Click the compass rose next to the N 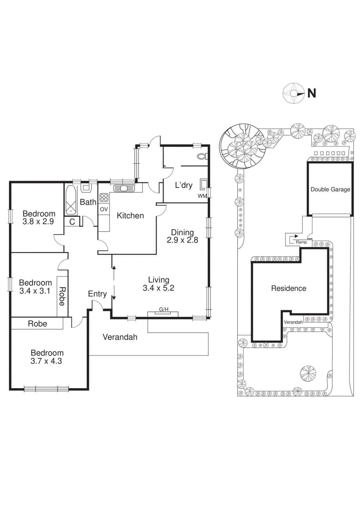(x=293, y=93)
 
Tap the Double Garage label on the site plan (x=330, y=189)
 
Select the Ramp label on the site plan (x=301, y=242)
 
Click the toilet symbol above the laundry (x=201, y=156)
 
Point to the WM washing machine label (x=202, y=196)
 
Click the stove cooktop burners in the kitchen (x=104, y=198)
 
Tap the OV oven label (x=104, y=209)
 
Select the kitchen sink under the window (x=124, y=188)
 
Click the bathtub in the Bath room (x=71, y=200)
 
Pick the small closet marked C (x=72, y=222)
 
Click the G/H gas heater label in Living (x=163, y=309)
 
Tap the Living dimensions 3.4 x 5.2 (x=158, y=288)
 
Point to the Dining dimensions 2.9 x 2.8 (x=182, y=240)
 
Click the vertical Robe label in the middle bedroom (x=62, y=296)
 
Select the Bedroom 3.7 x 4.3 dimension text (x=46, y=361)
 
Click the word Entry (x=97, y=294)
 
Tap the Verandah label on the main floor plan (x=120, y=337)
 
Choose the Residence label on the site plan (x=288, y=288)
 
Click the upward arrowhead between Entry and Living (x=114, y=268)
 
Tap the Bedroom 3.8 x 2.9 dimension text (x=38, y=222)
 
